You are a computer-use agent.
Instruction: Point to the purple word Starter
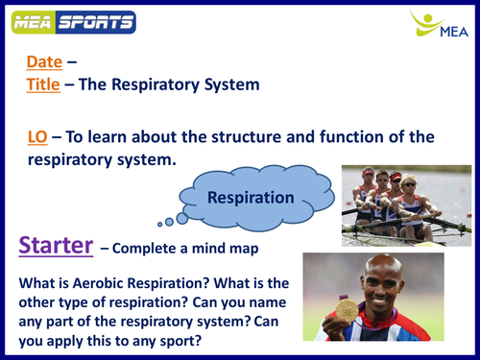tap(56, 245)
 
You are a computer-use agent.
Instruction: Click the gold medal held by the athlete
tap(347, 310)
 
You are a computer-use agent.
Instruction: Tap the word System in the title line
tap(227, 84)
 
